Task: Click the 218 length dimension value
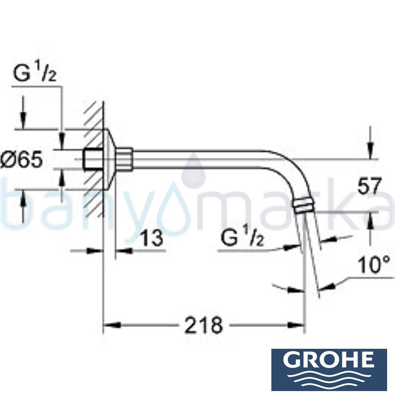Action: click(x=204, y=326)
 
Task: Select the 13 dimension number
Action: click(x=151, y=238)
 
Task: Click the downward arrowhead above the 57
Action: click(x=370, y=154)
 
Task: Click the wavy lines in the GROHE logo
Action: click(x=329, y=377)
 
